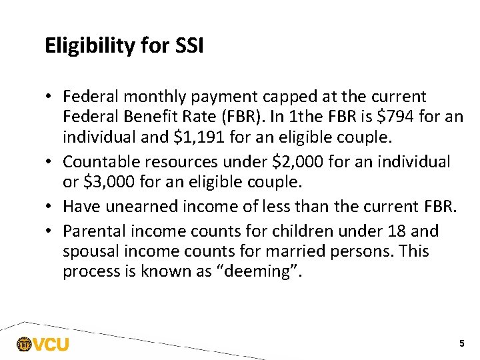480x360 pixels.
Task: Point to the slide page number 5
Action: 461,343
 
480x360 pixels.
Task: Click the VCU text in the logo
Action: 51,345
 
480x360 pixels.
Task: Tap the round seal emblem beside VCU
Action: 24,345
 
